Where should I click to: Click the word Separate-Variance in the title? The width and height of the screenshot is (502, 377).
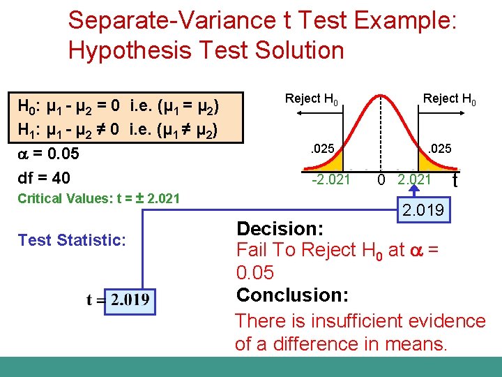point(161,20)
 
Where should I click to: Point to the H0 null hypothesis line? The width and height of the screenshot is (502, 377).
point(119,108)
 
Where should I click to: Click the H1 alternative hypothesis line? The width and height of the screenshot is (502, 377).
point(119,129)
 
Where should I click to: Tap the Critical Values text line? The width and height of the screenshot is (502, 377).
point(98,198)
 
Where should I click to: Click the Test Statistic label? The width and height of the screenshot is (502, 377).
point(72,240)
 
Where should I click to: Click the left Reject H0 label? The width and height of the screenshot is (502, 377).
point(312,99)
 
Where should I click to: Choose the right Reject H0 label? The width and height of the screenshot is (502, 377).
point(450,99)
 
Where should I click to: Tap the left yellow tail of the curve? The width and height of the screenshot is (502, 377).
point(321,167)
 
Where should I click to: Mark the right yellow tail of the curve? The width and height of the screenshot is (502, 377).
point(438,167)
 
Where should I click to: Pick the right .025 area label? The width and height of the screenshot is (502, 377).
point(440,149)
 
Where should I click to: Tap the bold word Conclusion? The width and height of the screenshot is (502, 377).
point(292,295)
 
